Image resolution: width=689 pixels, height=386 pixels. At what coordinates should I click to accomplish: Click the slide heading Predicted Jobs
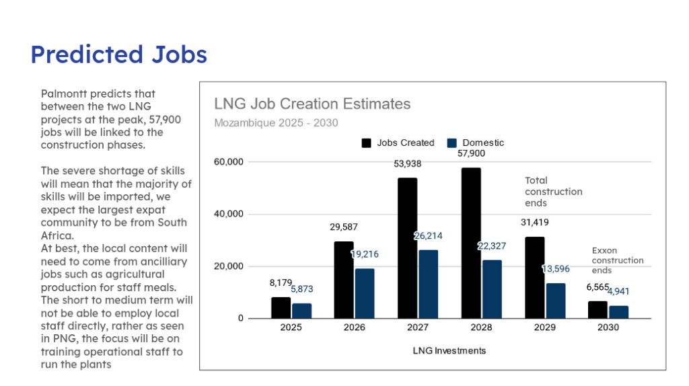click(x=118, y=54)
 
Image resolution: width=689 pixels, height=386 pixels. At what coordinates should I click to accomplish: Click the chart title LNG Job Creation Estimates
click(x=312, y=104)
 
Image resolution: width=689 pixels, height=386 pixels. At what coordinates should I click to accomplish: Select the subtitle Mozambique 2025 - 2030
click(x=276, y=122)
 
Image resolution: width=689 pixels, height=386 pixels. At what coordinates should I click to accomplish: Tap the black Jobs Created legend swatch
click(x=367, y=143)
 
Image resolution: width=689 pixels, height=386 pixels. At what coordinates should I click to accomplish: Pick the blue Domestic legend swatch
click(x=452, y=143)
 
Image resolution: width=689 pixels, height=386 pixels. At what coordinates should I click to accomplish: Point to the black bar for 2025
click(x=281, y=307)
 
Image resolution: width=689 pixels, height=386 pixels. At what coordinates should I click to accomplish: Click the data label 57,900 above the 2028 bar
click(x=471, y=153)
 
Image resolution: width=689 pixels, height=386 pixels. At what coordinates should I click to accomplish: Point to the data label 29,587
click(x=344, y=227)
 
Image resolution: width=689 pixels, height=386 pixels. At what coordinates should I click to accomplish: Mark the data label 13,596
click(x=556, y=269)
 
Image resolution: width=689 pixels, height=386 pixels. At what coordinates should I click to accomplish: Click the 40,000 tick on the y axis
click(x=229, y=215)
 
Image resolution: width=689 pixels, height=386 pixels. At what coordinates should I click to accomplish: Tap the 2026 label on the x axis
click(x=354, y=327)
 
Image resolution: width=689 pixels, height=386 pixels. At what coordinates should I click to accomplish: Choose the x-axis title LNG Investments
click(x=449, y=350)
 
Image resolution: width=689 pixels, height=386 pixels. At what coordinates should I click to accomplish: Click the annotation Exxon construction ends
click(x=617, y=260)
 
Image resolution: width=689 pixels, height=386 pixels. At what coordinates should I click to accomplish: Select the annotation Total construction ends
click(x=553, y=192)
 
